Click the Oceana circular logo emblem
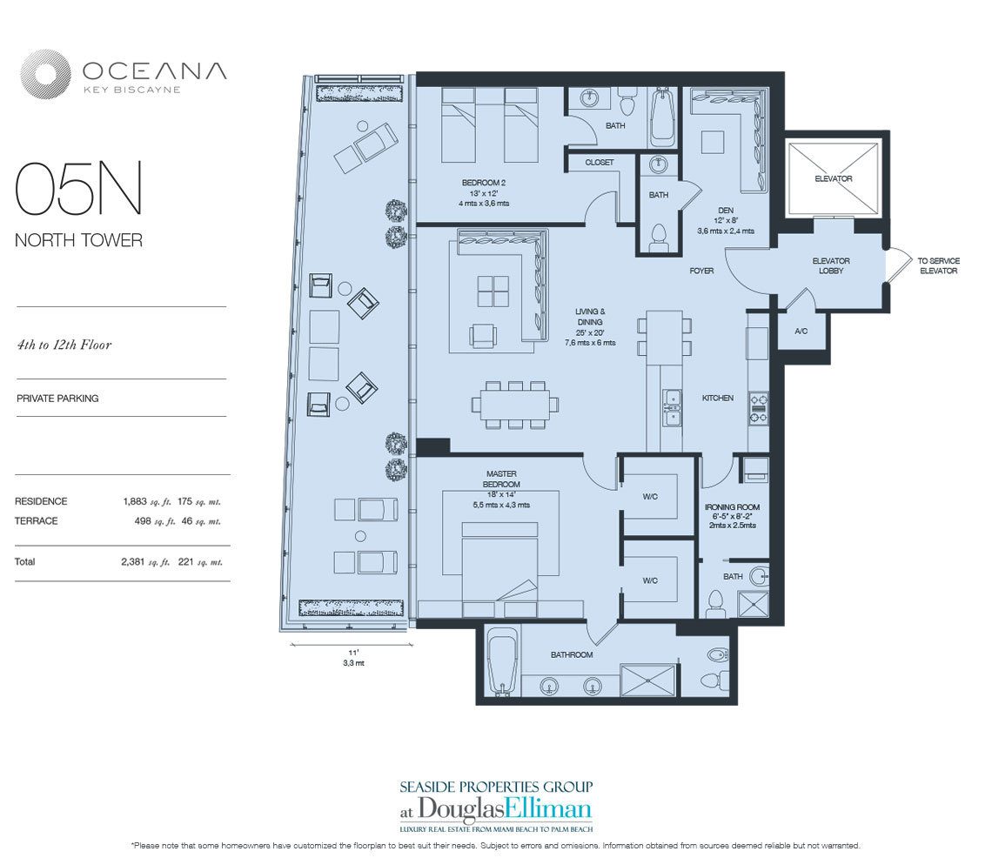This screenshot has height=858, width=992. pos(45,74)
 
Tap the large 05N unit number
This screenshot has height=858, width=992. pos(78,189)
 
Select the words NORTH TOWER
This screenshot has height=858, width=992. pos(78,240)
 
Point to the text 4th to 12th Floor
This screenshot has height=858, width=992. pos(64,345)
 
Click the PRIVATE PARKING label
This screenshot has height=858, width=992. pos(57,399)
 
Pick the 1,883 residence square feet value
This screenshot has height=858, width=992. pos(135,501)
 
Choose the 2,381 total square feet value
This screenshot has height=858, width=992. pos(133,561)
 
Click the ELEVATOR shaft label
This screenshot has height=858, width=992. pos(834,178)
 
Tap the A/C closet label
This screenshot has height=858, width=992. pos(801,331)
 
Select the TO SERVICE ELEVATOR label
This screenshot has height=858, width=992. pos(938,265)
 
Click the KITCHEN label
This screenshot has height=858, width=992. pos(717,398)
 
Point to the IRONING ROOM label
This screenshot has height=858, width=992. pos(732,506)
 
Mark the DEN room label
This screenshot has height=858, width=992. pos(725,211)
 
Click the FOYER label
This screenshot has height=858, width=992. pos(701,271)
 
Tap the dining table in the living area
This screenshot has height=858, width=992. pos(515,405)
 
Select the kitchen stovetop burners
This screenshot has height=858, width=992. pos(759,408)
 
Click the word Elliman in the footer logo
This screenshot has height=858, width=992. pos(549,809)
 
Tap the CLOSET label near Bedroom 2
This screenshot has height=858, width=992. pos(600,163)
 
